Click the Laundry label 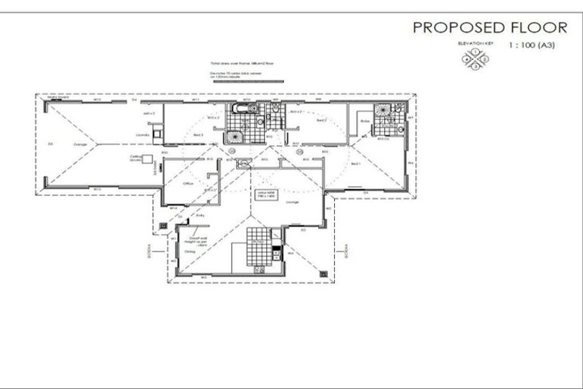point(140,135)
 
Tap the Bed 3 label point(197,134)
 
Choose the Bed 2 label point(321,120)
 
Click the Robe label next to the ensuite point(364,120)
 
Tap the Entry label point(200,215)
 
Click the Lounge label point(292,202)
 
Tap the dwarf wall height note point(195,242)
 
